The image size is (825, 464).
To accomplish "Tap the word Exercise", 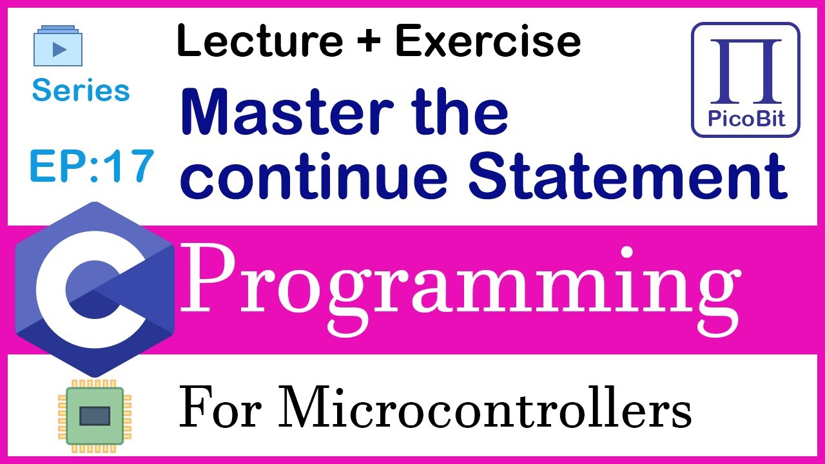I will tap(488, 41).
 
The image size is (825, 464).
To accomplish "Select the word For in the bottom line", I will tap(216, 409).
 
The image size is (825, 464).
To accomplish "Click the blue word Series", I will tap(81, 91).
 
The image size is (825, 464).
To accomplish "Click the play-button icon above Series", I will tap(59, 46).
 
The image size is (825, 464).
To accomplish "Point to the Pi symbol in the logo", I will tap(746, 72).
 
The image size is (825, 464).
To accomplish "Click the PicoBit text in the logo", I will tap(746, 119).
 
